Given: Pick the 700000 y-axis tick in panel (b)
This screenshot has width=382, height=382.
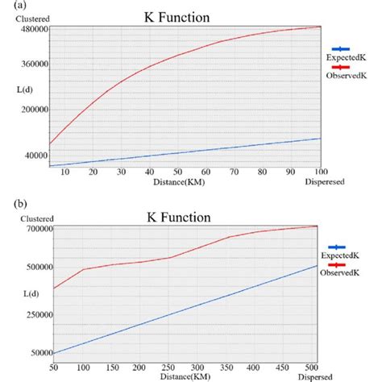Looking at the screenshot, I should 31,228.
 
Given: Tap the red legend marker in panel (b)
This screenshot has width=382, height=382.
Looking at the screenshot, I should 347,264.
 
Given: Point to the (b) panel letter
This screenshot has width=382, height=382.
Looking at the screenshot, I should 9,203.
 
